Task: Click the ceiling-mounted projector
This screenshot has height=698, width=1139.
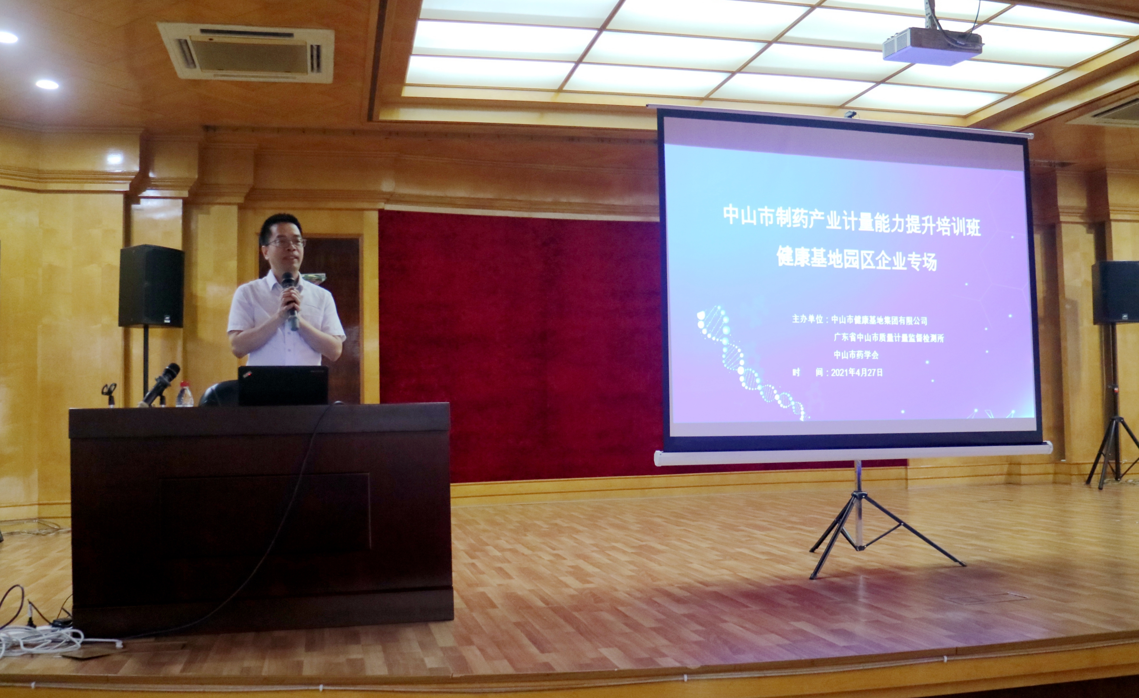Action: click(x=932, y=46)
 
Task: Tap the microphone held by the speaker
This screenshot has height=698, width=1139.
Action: click(x=291, y=301)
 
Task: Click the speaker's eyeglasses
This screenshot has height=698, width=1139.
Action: click(x=286, y=242)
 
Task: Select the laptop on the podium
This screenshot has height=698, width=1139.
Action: click(x=283, y=385)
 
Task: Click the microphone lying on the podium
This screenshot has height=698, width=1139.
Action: click(x=159, y=384)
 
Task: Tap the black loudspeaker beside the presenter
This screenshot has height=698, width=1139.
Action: click(x=151, y=286)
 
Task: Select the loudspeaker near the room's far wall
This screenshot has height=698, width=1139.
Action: click(x=1115, y=292)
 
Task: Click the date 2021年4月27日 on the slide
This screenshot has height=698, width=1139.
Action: click(x=856, y=372)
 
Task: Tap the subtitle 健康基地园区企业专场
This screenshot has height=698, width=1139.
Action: click(x=856, y=258)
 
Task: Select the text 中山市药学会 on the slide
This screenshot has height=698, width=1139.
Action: click(x=856, y=355)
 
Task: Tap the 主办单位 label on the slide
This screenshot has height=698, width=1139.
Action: click(x=808, y=319)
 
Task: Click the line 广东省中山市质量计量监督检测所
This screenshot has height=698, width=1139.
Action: click(x=888, y=338)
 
